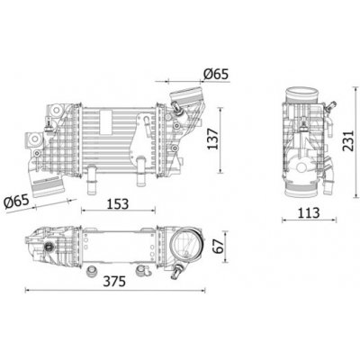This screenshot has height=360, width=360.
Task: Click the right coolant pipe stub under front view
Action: [141, 167]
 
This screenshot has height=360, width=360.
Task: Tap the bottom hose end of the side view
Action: [299, 192]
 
